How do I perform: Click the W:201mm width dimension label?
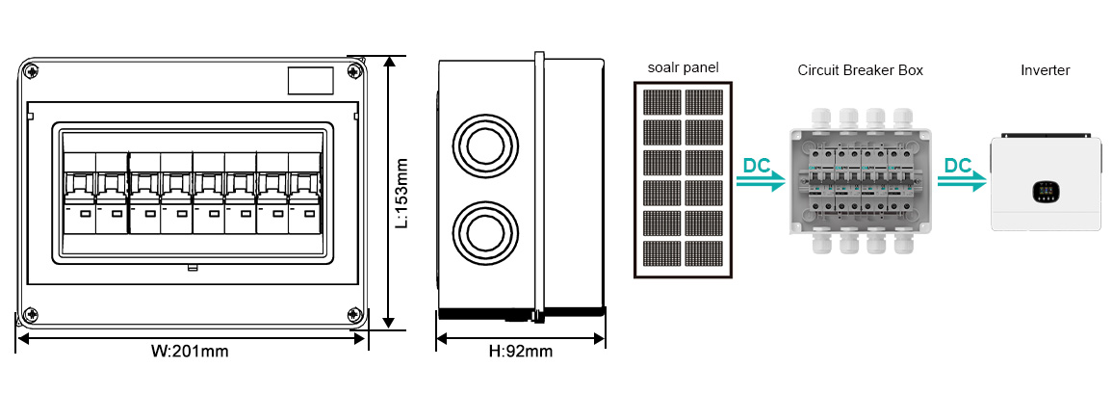(x=190, y=351)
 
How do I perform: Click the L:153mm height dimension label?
(x=402, y=193)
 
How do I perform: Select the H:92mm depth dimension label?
(x=521, y=351)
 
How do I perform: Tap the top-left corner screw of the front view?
(x=31, y=70)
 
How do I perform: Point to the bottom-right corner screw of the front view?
(x=353, y=314)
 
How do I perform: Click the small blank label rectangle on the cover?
(x=310, y=80)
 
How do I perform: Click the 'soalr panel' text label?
(x=683, y=68)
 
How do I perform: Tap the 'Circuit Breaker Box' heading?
(x=861, y=70)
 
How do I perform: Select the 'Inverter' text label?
(x=1046, y=70)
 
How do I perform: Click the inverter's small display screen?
(x=1044, y=190)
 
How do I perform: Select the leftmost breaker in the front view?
(x=79, y=193)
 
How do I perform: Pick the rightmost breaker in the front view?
(x=304, y=193)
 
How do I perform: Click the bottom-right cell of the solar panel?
(x=705, y=254)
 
